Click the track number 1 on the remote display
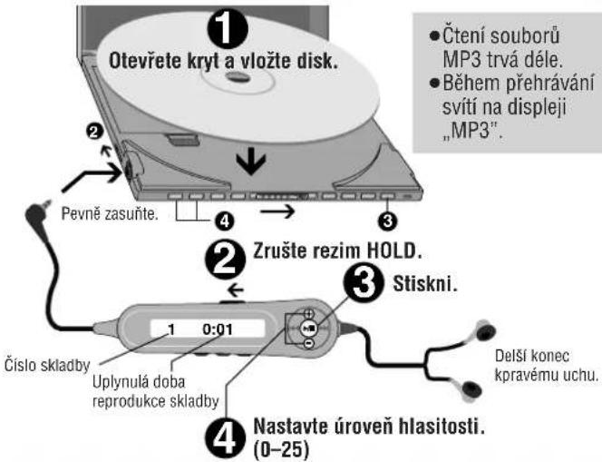click(170, 331)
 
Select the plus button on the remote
click(309, 313)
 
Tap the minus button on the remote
click(309, 344)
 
